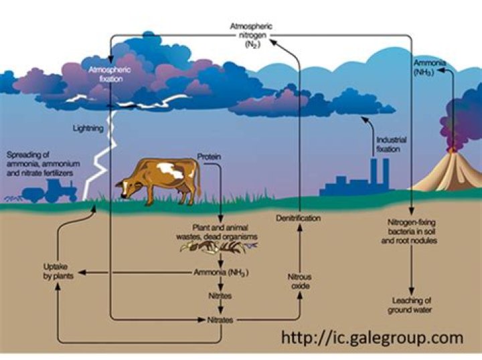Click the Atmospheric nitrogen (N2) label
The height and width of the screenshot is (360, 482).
tap(252, 35)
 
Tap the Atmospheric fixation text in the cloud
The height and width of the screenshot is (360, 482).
tap(110, 74)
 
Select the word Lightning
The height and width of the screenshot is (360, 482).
tap(88, 128)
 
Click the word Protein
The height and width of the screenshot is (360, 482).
tap(209, 157)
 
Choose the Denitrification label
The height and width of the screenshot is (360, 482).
tap(298, 218)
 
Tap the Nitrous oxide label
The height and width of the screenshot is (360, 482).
tap(300, 281)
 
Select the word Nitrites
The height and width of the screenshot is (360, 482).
tap(220, 296)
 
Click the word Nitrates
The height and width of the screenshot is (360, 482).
tap(220, 320)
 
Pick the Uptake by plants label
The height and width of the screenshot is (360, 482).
tap(58, 271)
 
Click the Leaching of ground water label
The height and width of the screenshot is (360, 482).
tap(410, 305)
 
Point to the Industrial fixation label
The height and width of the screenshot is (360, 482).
tap(391, 145)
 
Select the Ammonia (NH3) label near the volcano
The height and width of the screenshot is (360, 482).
tap(429, 68)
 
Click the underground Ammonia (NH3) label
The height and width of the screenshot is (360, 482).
tap(221, 272)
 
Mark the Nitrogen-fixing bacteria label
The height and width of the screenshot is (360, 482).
tap(409, 232)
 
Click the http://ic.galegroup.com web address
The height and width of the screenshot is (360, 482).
tap(372, 338)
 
